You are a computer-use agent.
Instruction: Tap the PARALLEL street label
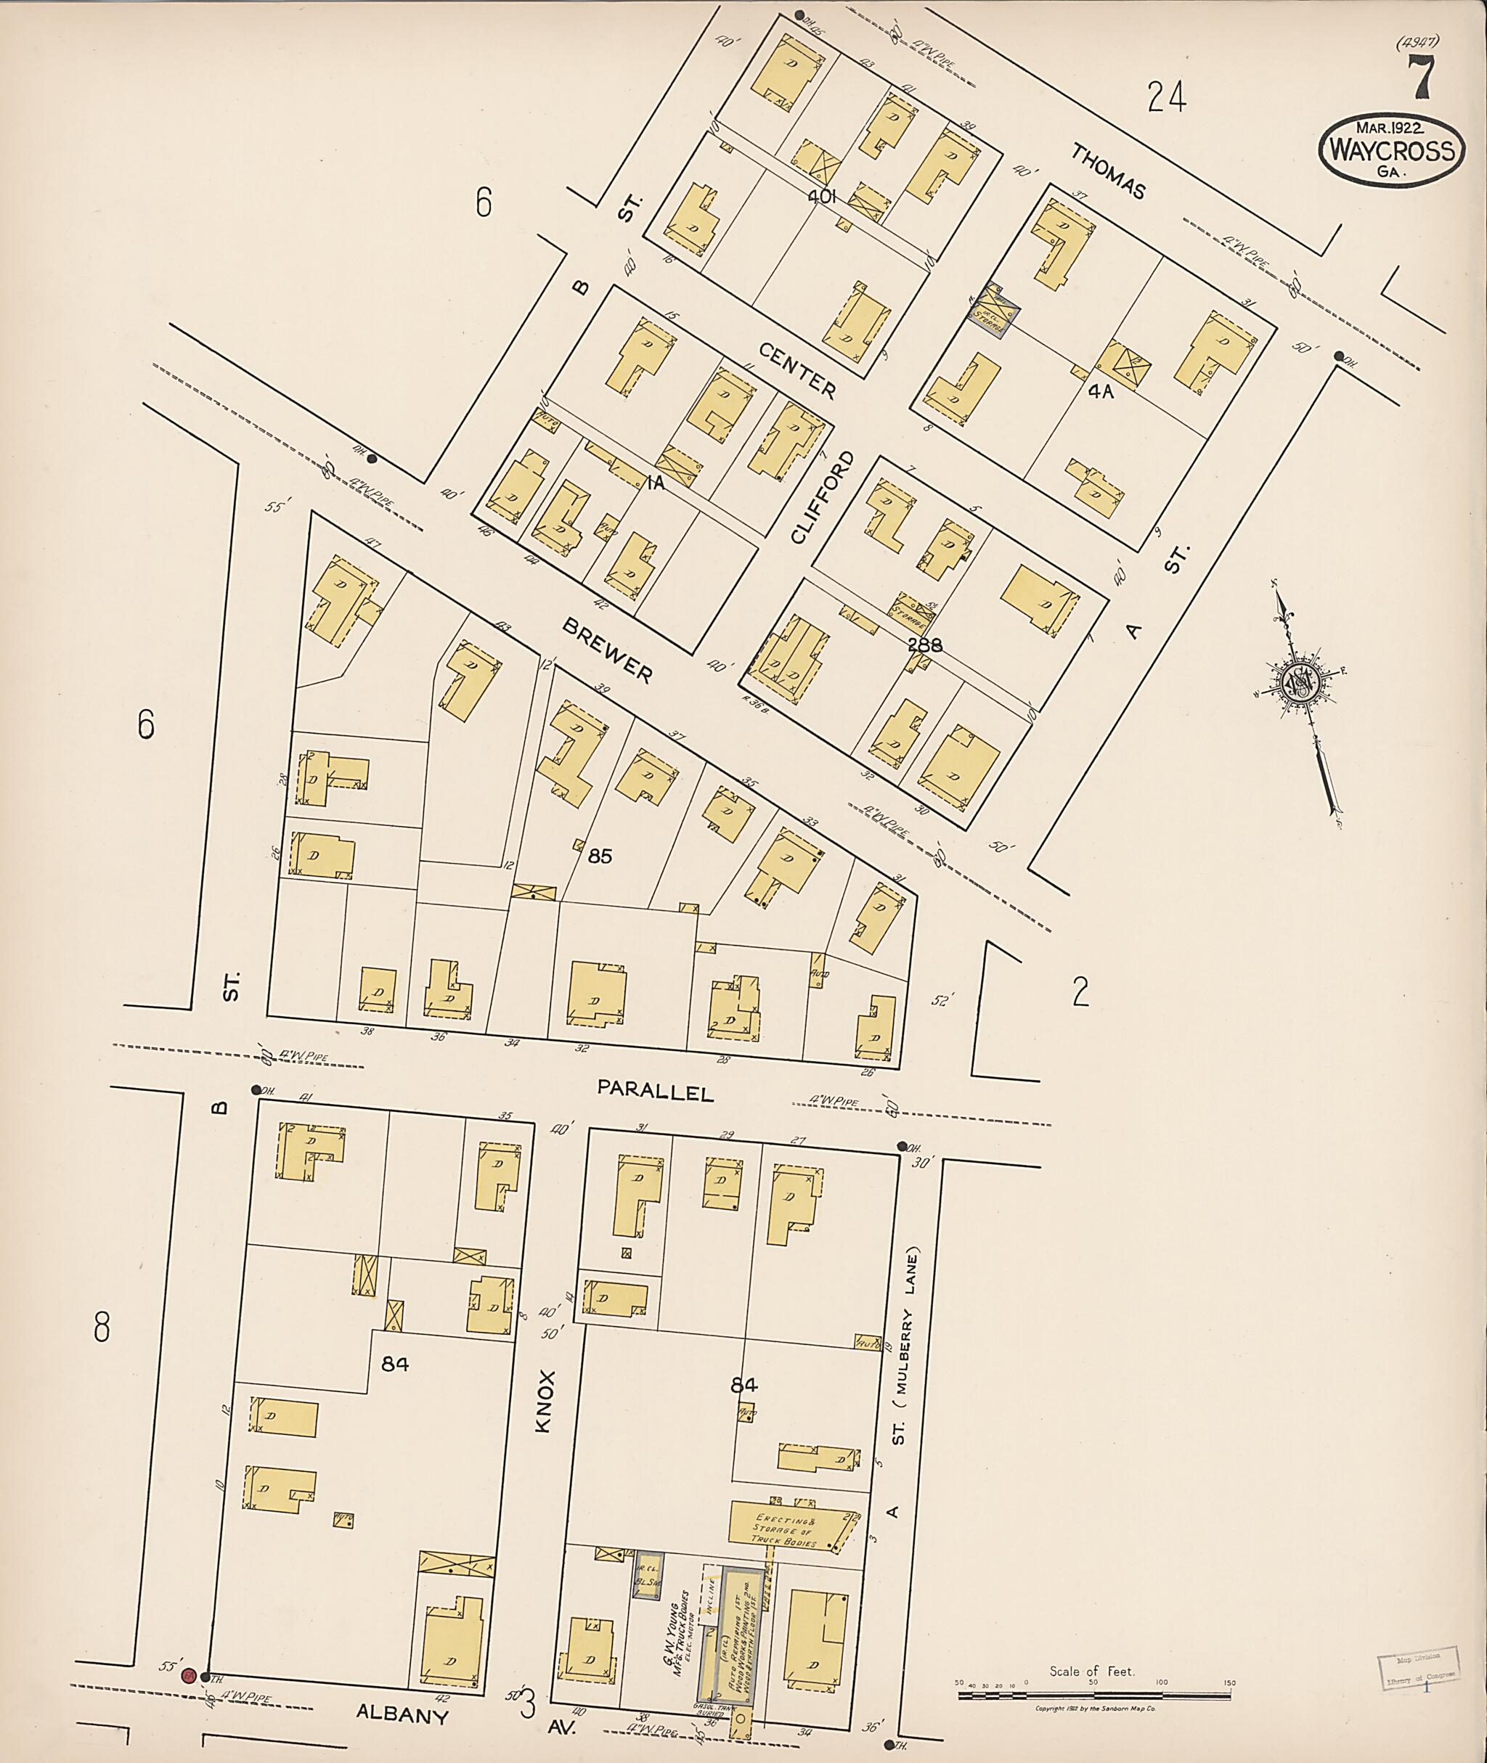coord(655,1092)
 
